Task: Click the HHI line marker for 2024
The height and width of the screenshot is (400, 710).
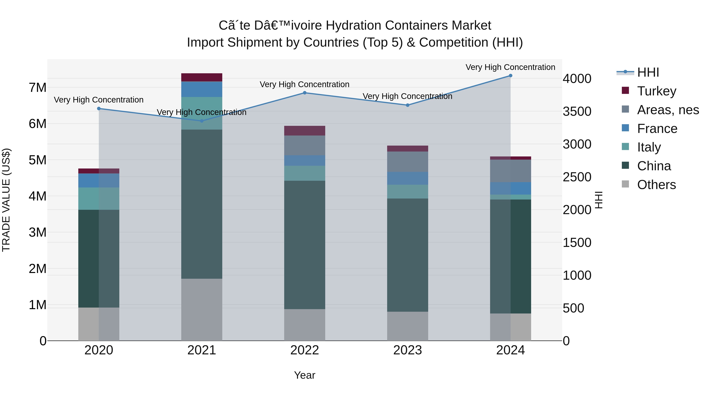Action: (510, 76)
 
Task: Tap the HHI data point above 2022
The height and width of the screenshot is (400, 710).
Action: (305, 93)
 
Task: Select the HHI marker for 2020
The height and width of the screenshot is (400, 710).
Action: (99, 108)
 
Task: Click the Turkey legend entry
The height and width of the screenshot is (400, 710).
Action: (649, 91)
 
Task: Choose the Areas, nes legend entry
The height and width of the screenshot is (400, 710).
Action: (660, 110)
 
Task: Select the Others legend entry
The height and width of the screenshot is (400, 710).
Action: (649, 184)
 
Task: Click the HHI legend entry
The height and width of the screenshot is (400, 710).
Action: (638, 72)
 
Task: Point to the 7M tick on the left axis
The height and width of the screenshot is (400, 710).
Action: (38, 88)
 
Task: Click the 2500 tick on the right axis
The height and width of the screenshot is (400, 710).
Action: (577, 177)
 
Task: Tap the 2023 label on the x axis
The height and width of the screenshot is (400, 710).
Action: (407, 350)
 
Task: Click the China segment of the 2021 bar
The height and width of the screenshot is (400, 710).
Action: (202, 204)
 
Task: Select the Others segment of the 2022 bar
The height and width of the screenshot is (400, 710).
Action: (305, 325)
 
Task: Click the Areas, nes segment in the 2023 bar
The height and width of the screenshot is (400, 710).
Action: (407, 162)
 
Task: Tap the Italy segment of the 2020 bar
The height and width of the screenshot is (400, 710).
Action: (99, 199)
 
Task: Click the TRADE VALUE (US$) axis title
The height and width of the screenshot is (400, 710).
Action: (6, 200)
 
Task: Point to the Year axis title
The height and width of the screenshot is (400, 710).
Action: (305, 375)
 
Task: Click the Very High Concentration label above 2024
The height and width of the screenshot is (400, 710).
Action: (510, 67)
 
